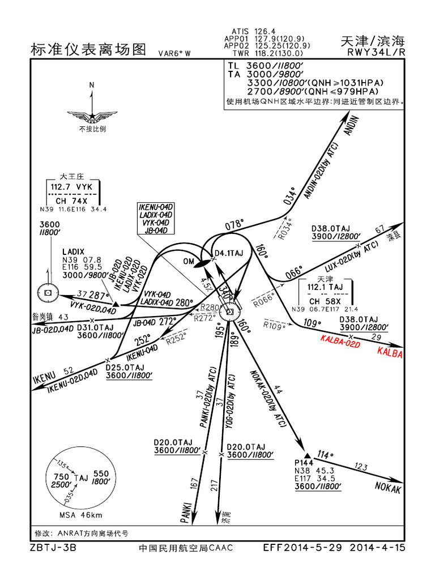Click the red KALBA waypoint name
tap(389, 355)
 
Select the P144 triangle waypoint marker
tap(308, 455)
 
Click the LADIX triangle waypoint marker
tap(116, 304)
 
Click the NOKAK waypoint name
tap(388, 488)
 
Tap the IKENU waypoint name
tap(46, 378)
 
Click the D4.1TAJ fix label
tap(229, 253)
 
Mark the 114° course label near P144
tap(323, 454)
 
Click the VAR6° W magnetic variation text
tap(174, 53)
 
